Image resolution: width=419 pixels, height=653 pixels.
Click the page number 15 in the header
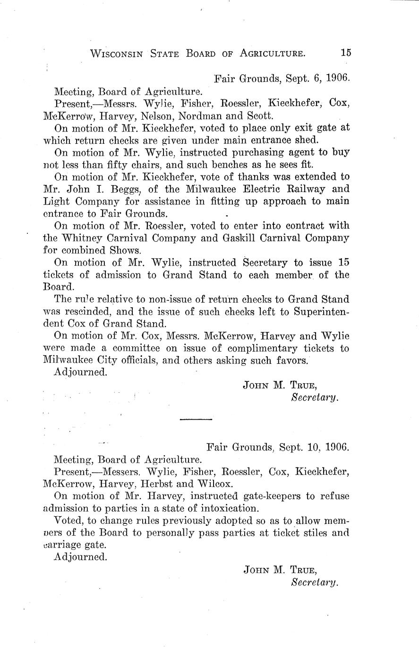point(346,53)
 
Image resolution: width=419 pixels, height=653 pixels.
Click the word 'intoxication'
point(229,509)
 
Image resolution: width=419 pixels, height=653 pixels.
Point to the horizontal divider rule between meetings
point(197,419)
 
